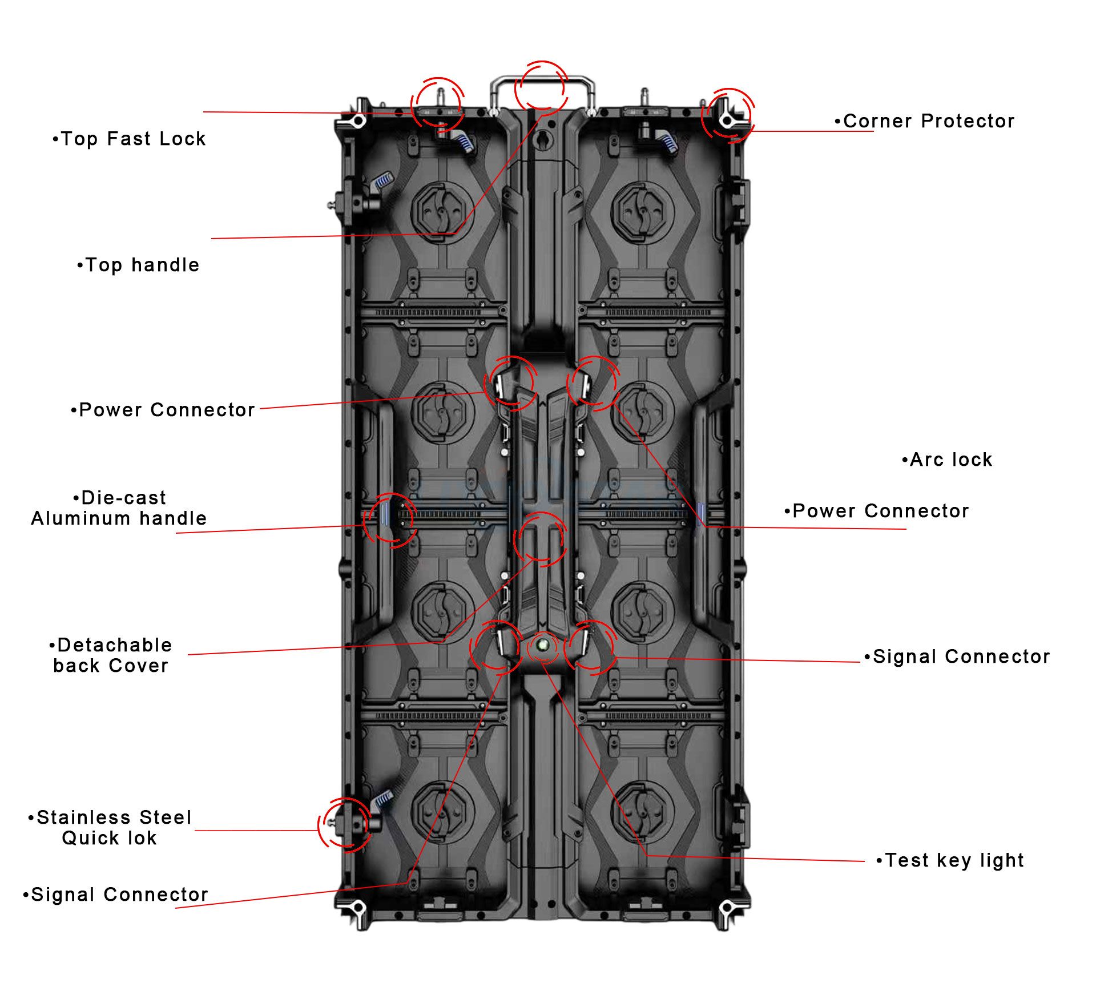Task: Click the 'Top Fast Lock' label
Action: tap(129, 139)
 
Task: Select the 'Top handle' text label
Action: tap(139, 265)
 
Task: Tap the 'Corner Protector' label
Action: tap(924, 121)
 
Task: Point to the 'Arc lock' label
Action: tap(948, 460)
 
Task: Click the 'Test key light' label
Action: tap(950, 860)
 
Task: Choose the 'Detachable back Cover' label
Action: tap(111, 655)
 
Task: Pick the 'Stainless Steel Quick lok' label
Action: tap(110, 828)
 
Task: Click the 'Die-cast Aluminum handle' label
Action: tap(119, 508)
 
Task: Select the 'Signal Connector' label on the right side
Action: tap(957, 656)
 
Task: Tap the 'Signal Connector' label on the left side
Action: tap(116, 895)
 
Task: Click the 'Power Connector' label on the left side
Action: tap(163, 410)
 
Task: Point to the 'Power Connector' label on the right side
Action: tap(877, 511)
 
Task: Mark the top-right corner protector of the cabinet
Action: tap(726, 119)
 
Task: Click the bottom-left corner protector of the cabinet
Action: tap(357, 908)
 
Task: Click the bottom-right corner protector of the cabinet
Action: tap(726, 908)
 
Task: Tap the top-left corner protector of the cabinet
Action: tap(358, 119)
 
